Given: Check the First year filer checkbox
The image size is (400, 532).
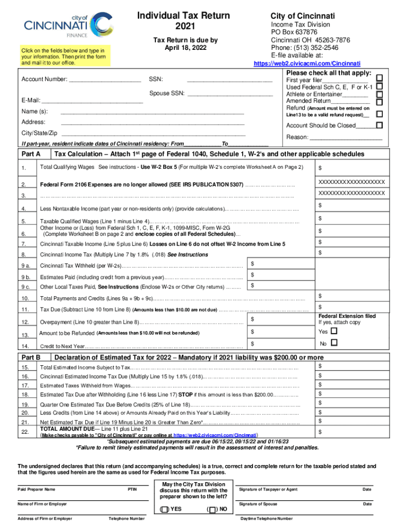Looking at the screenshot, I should click(x=379, y=78).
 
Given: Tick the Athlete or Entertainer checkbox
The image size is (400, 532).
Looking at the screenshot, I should click(x=379, y=95).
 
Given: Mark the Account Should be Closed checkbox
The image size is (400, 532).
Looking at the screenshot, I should click(x=379, y=126).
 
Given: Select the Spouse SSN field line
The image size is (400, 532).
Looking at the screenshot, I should click(x=230, y=95).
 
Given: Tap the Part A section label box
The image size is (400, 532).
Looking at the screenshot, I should click(x=33, y=155).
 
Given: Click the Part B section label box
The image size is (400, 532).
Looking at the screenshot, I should click(x=33, y=357).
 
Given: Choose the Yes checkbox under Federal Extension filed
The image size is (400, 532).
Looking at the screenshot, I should click(x=334, y=331).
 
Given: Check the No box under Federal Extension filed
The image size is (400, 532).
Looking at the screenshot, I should click(x=334, y=343).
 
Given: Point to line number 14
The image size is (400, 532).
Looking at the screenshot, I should click(x=25, y=347).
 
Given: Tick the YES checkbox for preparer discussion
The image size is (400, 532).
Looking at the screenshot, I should click(x=165, y=509).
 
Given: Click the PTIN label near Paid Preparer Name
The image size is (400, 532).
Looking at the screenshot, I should click(x=132, y=489).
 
